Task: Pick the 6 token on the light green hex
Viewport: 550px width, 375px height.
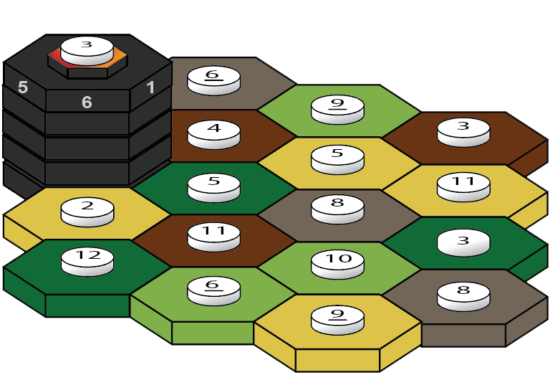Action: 213,288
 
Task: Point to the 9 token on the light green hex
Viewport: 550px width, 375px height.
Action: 338,106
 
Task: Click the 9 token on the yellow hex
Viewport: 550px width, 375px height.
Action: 338,315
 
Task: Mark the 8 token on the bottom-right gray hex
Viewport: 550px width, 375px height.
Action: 463,293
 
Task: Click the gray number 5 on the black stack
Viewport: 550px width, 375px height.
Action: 23,87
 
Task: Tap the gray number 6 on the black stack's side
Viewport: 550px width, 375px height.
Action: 87,103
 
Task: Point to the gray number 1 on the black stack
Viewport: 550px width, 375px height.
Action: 150,87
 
